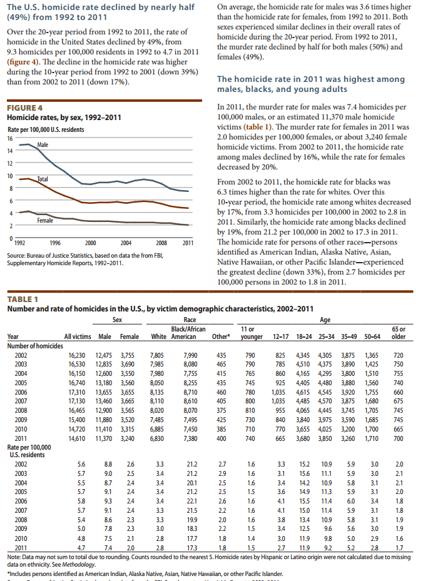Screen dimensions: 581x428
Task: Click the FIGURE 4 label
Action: pos(24,108)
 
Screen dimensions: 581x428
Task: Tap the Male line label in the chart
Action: pos(43,144)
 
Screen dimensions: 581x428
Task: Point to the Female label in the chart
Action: pos(45,220)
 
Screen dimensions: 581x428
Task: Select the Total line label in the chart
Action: pos(43,179)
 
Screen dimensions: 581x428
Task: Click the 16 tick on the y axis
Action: pos(9,138)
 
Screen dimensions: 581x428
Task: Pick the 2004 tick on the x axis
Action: pos(125,243)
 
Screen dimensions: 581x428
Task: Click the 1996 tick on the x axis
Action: pos(55,243)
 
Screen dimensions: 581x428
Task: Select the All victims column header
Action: pos(78,336)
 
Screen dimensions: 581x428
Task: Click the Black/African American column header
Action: pos(188,333)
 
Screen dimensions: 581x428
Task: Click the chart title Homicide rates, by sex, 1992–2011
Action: pos(64,118)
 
